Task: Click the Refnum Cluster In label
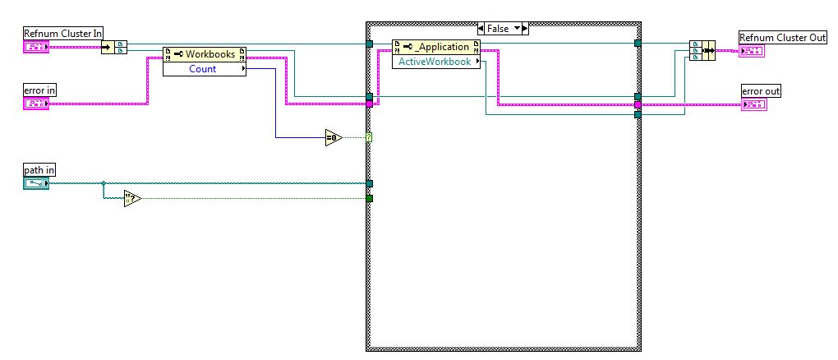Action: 63,33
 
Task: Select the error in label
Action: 40,89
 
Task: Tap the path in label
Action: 39,170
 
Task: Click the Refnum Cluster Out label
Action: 783,38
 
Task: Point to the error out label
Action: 761,91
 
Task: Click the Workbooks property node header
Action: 205,54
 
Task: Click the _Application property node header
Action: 435,47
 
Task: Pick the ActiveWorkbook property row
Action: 435,62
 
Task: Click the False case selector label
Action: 498,28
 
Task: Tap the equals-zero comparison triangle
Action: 333,137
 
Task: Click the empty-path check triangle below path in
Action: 132,198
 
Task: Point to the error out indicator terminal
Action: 753,105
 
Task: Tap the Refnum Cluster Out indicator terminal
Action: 752,52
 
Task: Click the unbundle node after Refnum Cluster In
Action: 114,47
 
